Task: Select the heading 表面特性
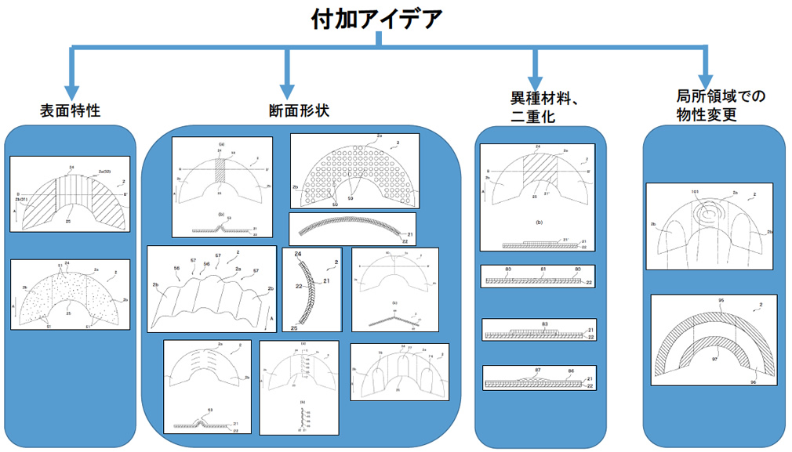[70, 111]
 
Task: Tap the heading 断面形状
[298, 111]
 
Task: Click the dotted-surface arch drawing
[70, 295]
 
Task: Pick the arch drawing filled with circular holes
[354, 170]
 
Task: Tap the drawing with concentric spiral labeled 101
[709, 226]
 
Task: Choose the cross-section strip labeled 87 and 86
[539, 378]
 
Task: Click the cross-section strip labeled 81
[539, 275]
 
